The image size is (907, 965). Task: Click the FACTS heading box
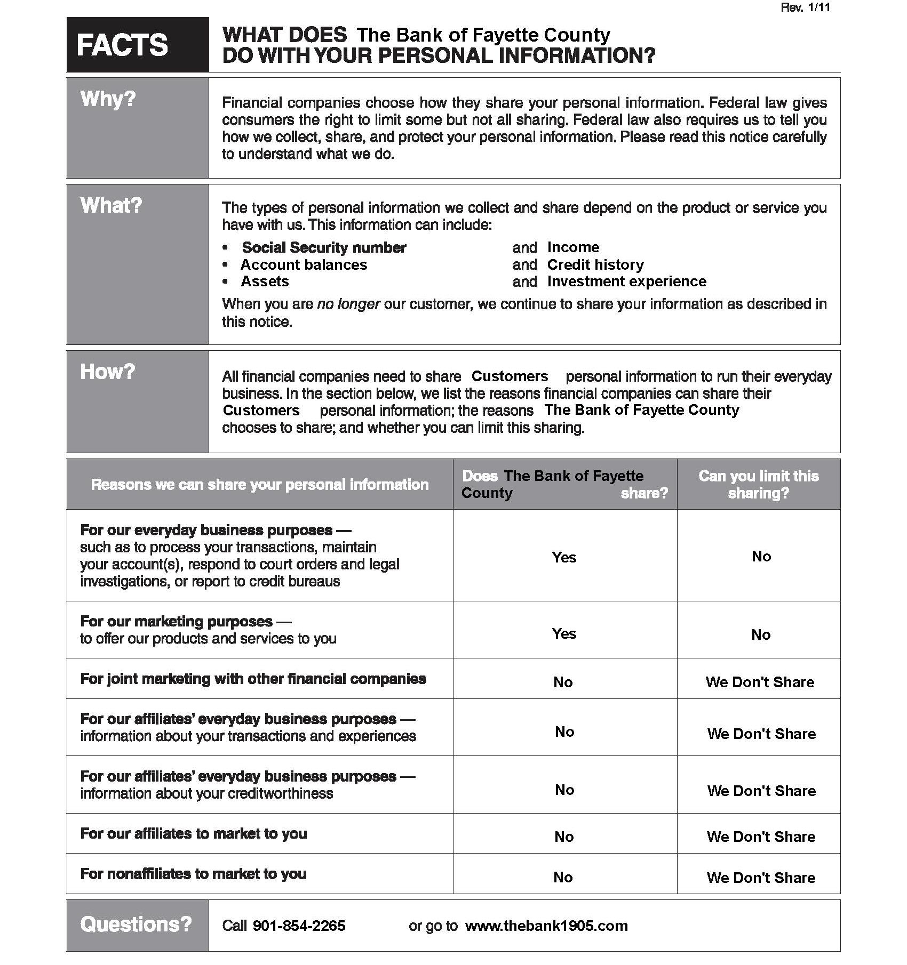coord(137,45)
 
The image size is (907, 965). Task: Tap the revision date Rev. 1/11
coord(805,7)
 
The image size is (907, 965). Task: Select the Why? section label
coord(108,99)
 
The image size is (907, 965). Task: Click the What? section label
coord(111,205)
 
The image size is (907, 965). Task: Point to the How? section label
coord(107,372)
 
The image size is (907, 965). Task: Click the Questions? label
coord(136,924)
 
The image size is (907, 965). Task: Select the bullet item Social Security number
coord(324,247)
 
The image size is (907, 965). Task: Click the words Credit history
coord(595,264)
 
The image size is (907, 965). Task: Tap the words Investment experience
coord(626,282)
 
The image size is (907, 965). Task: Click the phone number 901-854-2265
coord(299,926)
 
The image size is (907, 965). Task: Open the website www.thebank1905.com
coord(546,926)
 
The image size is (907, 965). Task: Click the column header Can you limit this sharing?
coord(758,484)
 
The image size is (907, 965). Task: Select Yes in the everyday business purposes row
coord(564,557)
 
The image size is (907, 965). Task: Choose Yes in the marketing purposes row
coord(564,633)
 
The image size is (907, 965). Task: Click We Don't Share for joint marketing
coord(760,682)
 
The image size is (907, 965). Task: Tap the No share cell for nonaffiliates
coord(563,877)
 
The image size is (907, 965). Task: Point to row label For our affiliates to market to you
coord(193,833)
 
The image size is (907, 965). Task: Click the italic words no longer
coord(348,304)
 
